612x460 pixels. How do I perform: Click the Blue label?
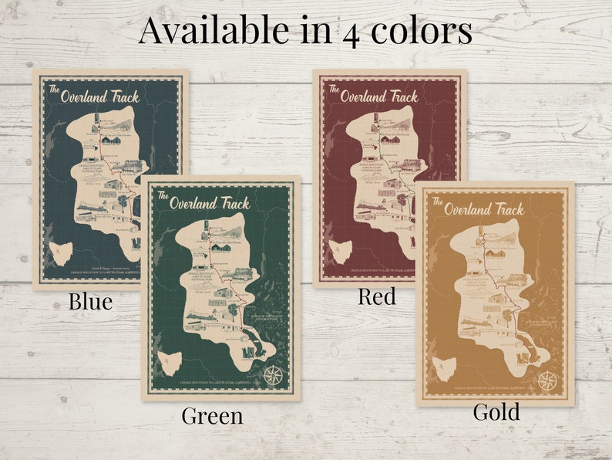click(x=90, y=301)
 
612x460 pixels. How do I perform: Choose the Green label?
click(x=212, y=416)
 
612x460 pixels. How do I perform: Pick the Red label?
click(x=377, y=296)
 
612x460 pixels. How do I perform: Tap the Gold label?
click(x=496, y=412)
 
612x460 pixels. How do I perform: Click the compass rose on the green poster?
click(x=271, y=374)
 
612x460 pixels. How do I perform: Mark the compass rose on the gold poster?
click(x=547, y=380)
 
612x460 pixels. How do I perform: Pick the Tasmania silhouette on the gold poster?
click(x=442, y=364)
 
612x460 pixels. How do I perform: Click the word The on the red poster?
click(x=334, y=89)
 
